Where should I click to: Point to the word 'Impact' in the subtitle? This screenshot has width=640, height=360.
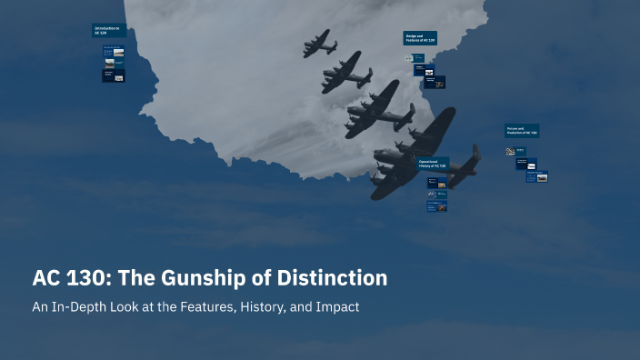click(337, 307)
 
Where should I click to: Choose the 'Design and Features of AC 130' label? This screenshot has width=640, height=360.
click(421, 38)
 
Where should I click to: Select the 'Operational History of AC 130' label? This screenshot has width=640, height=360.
click(435, 165)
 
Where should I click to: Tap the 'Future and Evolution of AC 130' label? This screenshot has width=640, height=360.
click(522, 131)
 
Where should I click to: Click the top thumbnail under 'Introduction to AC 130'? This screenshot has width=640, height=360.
click(114, 52)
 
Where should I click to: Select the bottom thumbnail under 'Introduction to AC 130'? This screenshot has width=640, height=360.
click(114, 76)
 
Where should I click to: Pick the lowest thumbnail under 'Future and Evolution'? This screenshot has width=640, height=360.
click(536, 176)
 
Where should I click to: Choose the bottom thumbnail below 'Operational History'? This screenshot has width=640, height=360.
click(436, 206)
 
